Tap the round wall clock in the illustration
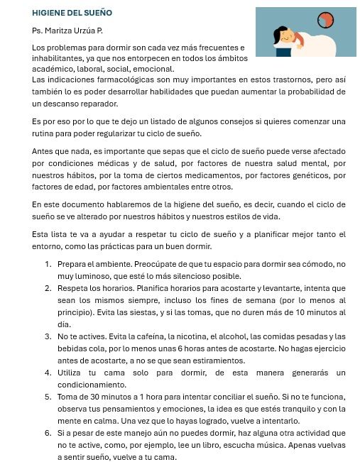pos(326,21)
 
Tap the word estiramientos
pos(217,359)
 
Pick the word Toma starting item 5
pos(68,396)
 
